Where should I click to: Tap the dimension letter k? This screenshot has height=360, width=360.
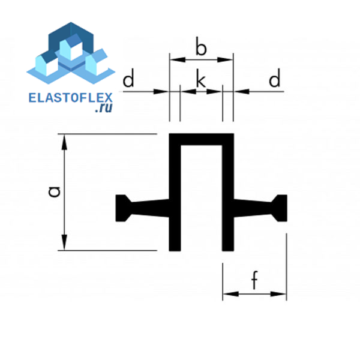coord(201,79)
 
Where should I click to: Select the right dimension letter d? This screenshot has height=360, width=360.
coord(274,78)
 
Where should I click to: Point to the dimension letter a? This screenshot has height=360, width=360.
coord(55,192)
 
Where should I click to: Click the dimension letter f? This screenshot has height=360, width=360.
coord(254,280)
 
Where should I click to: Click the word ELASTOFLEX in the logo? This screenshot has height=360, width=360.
coord(70,98)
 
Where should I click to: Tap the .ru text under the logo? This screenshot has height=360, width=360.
coord(104,108)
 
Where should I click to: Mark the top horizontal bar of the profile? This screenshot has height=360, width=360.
coord(202,139)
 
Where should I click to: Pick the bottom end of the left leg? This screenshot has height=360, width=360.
coord(175,250)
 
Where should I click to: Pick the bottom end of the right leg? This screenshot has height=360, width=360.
coord(228,250)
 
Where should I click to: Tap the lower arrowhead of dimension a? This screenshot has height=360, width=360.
coord(65,242)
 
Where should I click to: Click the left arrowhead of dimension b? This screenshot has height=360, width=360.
coord(178,59)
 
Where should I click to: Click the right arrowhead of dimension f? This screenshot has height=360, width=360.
coord(278,294)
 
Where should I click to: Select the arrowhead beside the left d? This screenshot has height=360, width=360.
coord(161,92)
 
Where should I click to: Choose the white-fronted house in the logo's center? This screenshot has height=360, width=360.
coord(71,47)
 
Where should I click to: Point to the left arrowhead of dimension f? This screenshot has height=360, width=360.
coord(231,294)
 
